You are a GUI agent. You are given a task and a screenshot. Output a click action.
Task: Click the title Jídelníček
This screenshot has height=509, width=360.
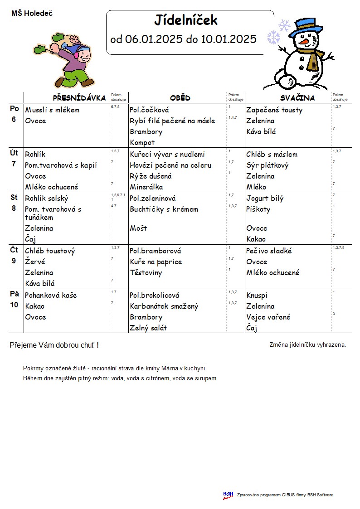click(x=186, y=20)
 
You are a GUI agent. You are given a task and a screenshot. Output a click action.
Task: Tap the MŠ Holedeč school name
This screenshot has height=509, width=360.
click(x=32, y=14)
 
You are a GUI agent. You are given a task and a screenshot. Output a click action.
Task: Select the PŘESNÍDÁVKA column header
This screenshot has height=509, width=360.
click(x=79, y=98)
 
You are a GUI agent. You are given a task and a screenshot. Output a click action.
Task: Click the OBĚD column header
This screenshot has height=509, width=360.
click(x=180, y=98)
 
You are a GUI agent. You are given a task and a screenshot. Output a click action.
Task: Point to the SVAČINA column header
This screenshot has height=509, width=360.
click(x=297, y=98)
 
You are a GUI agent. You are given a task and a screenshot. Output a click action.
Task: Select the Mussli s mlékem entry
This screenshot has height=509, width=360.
click(x=52, y=110)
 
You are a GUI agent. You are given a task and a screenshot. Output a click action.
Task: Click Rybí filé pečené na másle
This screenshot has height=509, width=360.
click(x=172, y=121)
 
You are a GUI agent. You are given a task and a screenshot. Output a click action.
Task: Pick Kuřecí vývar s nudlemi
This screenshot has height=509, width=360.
click(x=167, y=155)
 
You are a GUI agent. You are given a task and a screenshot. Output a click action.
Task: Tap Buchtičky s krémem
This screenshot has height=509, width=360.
click(x=164, y=209)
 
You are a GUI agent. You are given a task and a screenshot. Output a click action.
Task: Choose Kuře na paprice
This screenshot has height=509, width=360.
click(x=156, y=262)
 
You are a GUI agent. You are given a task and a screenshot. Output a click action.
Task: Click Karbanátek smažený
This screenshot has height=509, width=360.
click(x=164, y=306)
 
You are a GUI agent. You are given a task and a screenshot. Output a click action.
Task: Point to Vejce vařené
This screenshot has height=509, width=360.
click(x=268, y=317)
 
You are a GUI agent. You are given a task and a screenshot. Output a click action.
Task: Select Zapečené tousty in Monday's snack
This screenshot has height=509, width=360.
click(x=274, y=110)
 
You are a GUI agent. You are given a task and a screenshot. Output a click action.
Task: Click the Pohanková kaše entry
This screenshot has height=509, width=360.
click(x=51, y=296)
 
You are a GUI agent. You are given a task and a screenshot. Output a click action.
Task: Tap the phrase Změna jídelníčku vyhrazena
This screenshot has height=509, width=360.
click(x=307, y=344)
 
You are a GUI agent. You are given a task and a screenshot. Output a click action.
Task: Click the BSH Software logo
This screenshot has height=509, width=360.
click(x=228, y=495)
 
